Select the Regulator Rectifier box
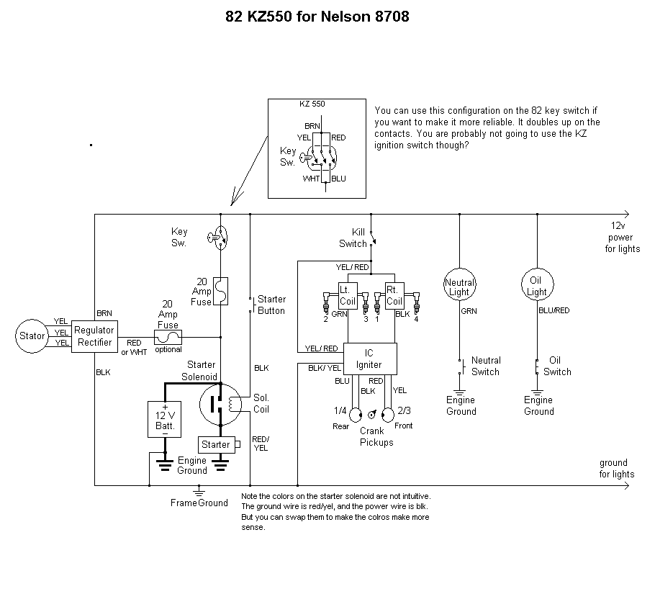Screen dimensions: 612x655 pyautogui.click(x=94, y=336)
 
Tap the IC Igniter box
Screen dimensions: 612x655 pyautogui.click(x=369, y=359)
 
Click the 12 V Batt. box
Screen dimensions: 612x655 pyautogui.click(x=165, y=418)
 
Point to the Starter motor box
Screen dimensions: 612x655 pyautogui.click(x=215, y=445)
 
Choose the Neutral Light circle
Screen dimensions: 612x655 pyautogui.click(x=459, y=287)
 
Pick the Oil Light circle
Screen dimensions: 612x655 pyautogui.click(x=537, y=287)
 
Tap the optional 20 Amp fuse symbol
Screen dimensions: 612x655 pyautogui.click(x=168, y=336)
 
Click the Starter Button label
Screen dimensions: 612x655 pyautogui.click(x=271, y=305)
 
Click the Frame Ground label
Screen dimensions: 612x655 pyautogui.click(x=199, y=503)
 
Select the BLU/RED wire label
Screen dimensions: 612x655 pyautogui.click(x=555, y=311)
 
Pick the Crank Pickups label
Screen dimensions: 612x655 pyautogui.click(x=376, y=437)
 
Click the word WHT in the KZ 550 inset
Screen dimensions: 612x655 pyautogui.click(x=312, y=178)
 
